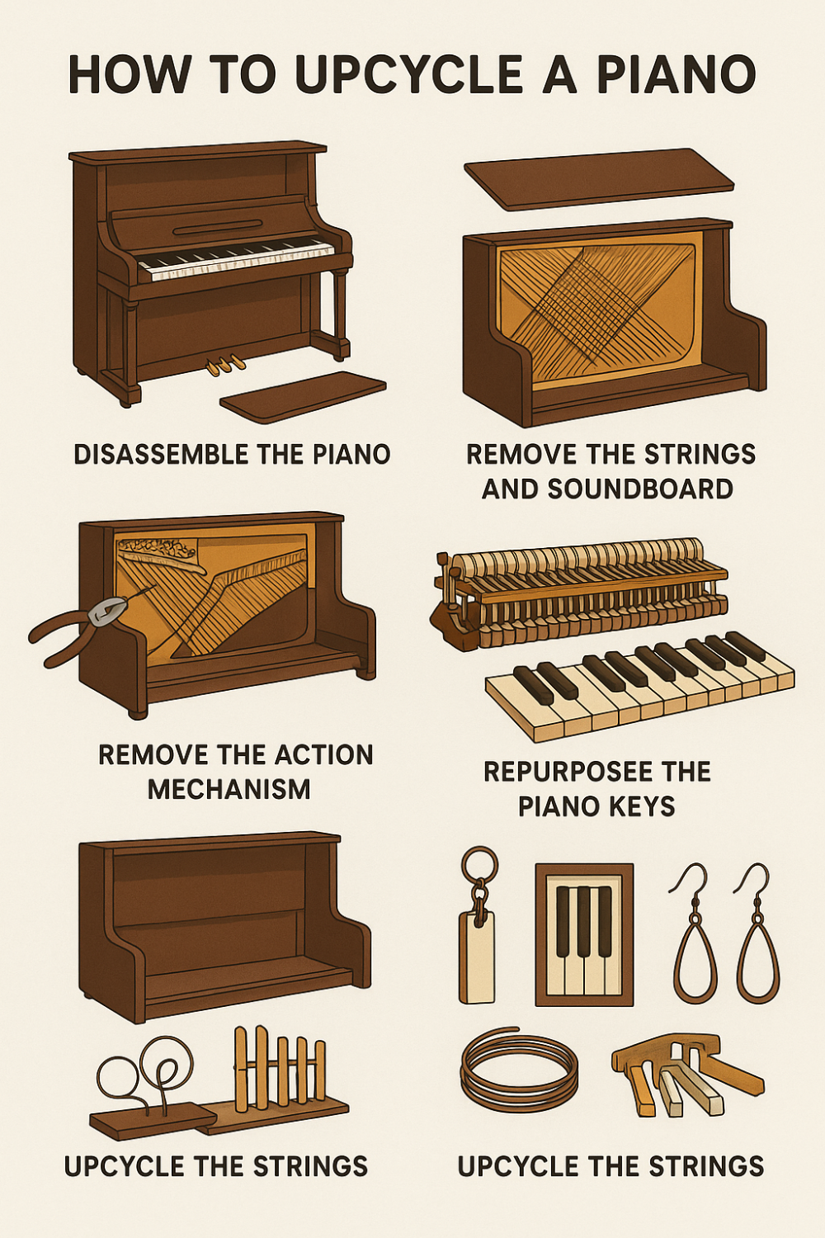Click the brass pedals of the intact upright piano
225,363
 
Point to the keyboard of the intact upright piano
237,256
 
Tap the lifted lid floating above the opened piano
598,177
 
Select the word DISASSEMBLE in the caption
152,454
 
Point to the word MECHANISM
229,789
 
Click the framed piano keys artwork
584,934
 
